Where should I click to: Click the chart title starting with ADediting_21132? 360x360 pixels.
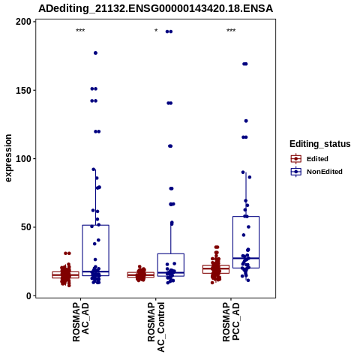click(x=155, y=8)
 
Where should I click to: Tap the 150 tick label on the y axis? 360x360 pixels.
click(x=23, y=90)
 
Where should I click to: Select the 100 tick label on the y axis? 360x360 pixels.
click(x=23, y=159)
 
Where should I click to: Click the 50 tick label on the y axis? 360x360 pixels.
click(x=26, y=227)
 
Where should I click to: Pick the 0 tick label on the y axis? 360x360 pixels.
click(x=29, y=295)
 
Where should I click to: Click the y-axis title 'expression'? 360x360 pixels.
click(x=8, y=158)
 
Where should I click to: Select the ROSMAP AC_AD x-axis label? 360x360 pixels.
click(x=80, y=322)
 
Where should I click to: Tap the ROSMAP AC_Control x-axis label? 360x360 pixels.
click(x=156, y=327)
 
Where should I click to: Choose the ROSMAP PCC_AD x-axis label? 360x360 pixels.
click(x=231, y=322)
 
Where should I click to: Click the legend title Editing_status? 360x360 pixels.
click(x=320, y=144)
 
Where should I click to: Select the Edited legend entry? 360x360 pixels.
click(x=310, y=159)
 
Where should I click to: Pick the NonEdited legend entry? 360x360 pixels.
click(x=316, y=172)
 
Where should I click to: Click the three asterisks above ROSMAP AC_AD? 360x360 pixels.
click(x=80, y=31)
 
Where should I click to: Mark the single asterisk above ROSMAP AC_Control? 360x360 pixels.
click(x=156, y=31)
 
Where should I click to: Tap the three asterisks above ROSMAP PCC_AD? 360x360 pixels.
click(x=231, y=31)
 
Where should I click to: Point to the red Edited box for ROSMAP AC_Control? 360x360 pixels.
click(x=141, y=274)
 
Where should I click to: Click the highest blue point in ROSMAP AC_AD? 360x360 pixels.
click(x=95, y=53)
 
